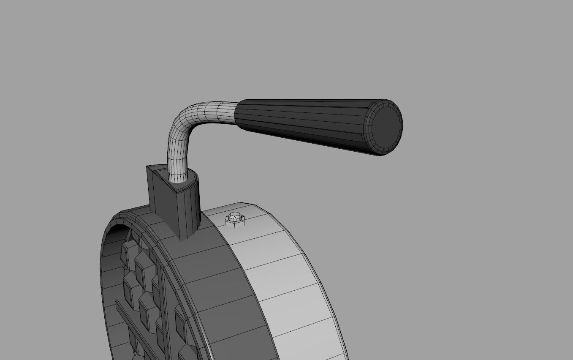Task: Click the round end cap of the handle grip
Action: point(386,127)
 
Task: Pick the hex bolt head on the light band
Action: point(234,218)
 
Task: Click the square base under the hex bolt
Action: point(235,224)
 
